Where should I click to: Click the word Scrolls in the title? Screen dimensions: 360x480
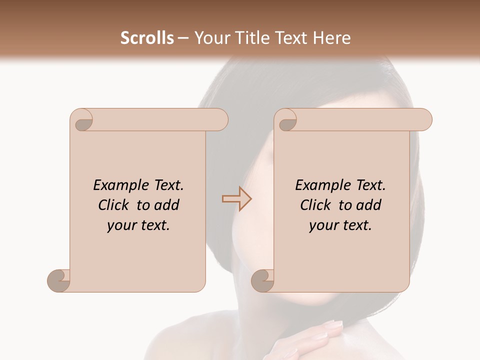click(147, 38)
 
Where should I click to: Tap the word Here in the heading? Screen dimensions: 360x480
click(332, 38)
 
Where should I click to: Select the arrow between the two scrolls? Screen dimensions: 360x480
click(236, 199)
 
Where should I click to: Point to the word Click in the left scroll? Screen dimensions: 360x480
click(114, 205)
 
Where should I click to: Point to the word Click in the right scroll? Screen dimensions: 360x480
click(316, 205)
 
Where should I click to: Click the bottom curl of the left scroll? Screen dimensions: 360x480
click(59, 280)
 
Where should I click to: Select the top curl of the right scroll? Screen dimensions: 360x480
click(286, 120)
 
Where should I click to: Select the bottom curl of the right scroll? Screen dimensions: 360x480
click(262, 280)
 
